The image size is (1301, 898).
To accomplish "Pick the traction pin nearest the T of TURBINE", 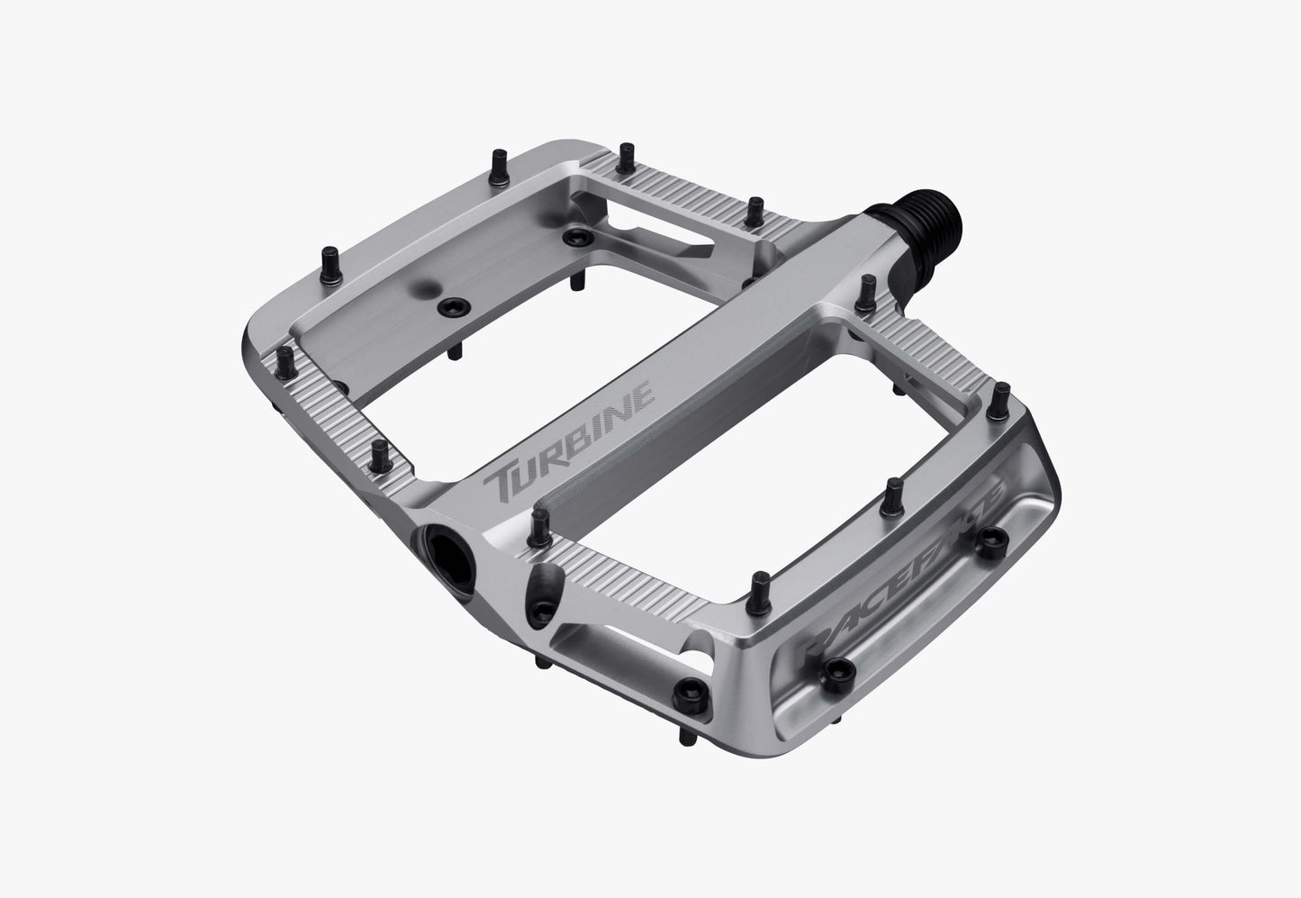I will point(539,520).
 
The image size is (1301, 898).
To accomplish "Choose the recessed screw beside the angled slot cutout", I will point(573,237).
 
